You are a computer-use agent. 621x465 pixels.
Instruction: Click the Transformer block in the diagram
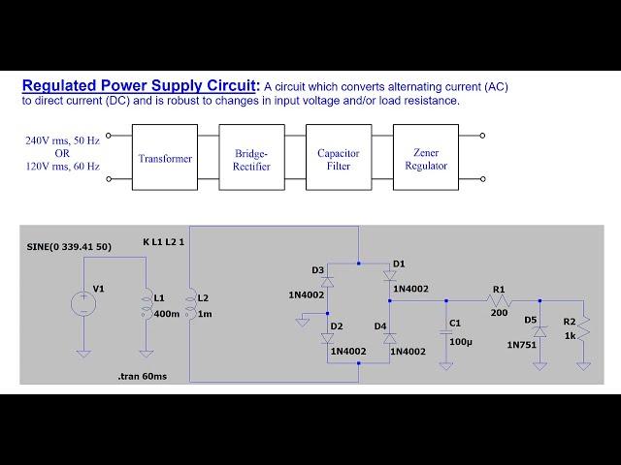pos(165,159)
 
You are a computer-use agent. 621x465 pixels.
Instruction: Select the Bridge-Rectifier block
pos(252,159)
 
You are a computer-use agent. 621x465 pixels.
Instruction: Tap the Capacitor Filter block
pos(339,159)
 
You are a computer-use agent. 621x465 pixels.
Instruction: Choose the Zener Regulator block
pos(425,159)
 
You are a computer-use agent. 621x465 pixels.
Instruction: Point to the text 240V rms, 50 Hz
pos(63,140)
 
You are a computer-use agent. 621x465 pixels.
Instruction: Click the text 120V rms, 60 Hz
pos(63,166)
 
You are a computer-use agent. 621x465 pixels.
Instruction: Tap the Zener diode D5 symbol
pos(539,331)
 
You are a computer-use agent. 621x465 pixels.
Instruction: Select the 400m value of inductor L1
pos(166,313)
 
